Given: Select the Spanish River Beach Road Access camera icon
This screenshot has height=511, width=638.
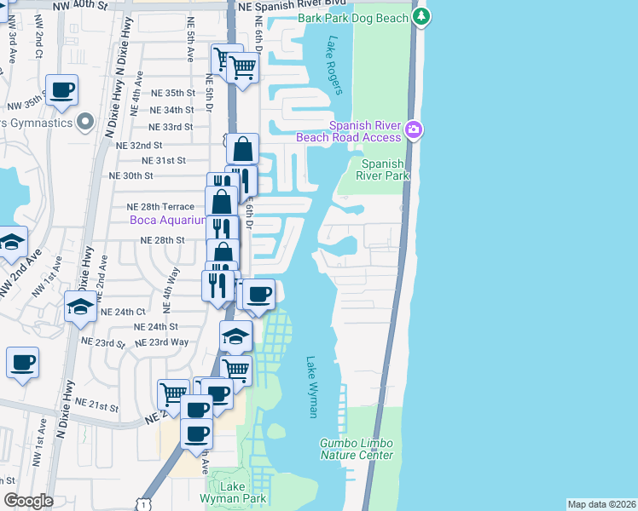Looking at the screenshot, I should click(414, 129).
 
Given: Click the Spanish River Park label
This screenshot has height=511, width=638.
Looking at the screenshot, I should click(386, 169).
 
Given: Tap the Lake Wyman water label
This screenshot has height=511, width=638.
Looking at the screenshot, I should click(311, 387).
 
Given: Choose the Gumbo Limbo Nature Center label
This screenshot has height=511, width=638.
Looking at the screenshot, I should click(357, 449).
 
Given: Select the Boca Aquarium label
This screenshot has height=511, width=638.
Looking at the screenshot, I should click(167, 221).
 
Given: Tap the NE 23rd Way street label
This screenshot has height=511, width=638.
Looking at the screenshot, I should click(168, 342).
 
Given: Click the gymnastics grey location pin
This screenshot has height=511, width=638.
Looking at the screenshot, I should click(84, 123).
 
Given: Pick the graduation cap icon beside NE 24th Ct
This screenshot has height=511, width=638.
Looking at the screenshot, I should click(81, 307).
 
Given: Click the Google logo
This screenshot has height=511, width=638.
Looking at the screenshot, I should click(28, 501).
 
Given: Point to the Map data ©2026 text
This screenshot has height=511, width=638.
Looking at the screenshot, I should click(600, 504).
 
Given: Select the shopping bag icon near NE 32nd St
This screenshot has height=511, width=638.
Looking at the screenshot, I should click(243, 149).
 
